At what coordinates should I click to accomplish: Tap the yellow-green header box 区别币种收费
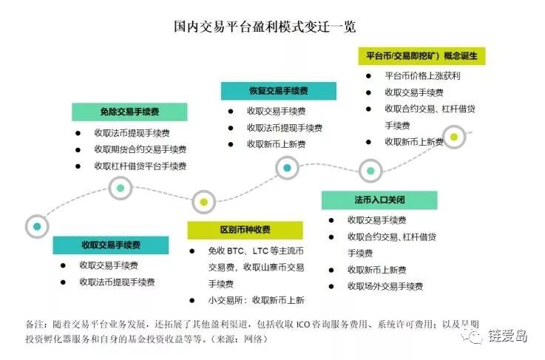[x=245, y=230]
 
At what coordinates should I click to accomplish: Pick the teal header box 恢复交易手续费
[x=278, y=91]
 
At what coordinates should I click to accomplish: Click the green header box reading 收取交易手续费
[x=110, y=245]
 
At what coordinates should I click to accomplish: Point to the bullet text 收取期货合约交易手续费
[x=140, y=149]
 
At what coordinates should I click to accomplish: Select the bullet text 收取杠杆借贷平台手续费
[x=140, y=166]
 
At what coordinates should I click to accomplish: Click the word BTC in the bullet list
[x=236, y=251]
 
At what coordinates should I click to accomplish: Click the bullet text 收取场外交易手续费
[x=385, y=286]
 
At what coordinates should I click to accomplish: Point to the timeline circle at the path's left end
[x=35, y=225]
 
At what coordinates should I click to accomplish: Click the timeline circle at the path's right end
[x=454, y=137]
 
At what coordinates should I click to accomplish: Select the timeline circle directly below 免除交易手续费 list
[x=121, y=188]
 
